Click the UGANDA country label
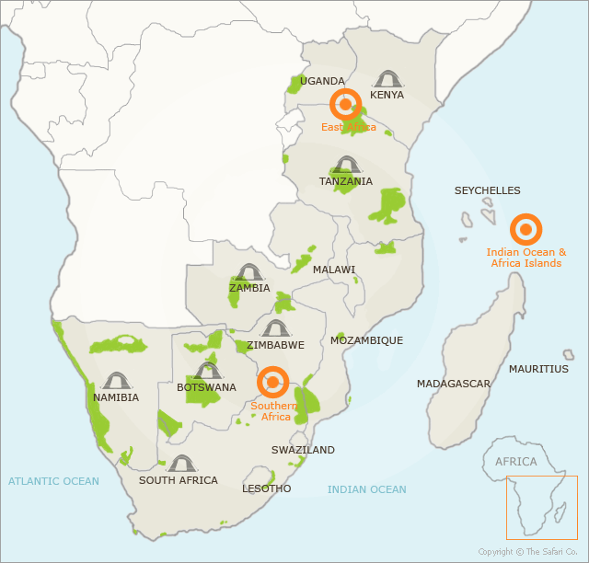(x=322, y=81)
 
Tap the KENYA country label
(x=387, y=95)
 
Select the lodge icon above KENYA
(x=387, y=78)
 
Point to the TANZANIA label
(x=346, y=181)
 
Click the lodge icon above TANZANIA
(x=346, y=165)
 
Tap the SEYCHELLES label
(x=487, y=191)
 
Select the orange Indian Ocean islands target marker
(x=525, y=229)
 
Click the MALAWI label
(x=334, y=270)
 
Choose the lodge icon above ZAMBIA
(x=249, y=271)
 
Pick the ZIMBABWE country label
(x=275, y=345)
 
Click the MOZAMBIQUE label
(x=366, y=340)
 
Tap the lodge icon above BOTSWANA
(x=208, y=370)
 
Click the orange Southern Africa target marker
(x=273, y=382)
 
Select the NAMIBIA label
(x=116, y=397)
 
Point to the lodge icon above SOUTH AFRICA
(x=180, y=463)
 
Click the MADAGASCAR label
(x=454, y=384)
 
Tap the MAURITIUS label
(x=538, y=369)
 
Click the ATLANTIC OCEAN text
(x=53, y=481)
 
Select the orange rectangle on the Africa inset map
(x=541, y=507)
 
